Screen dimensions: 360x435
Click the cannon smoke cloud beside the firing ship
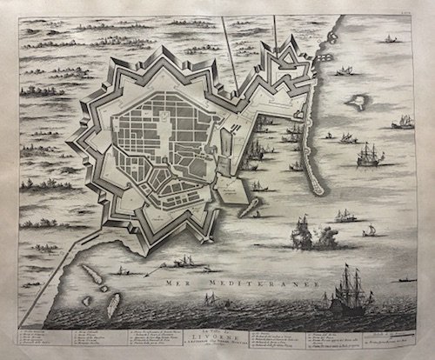328,236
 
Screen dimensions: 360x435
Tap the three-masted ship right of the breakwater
370,154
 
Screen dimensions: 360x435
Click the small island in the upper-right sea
355,102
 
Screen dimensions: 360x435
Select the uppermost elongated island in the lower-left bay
90,276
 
